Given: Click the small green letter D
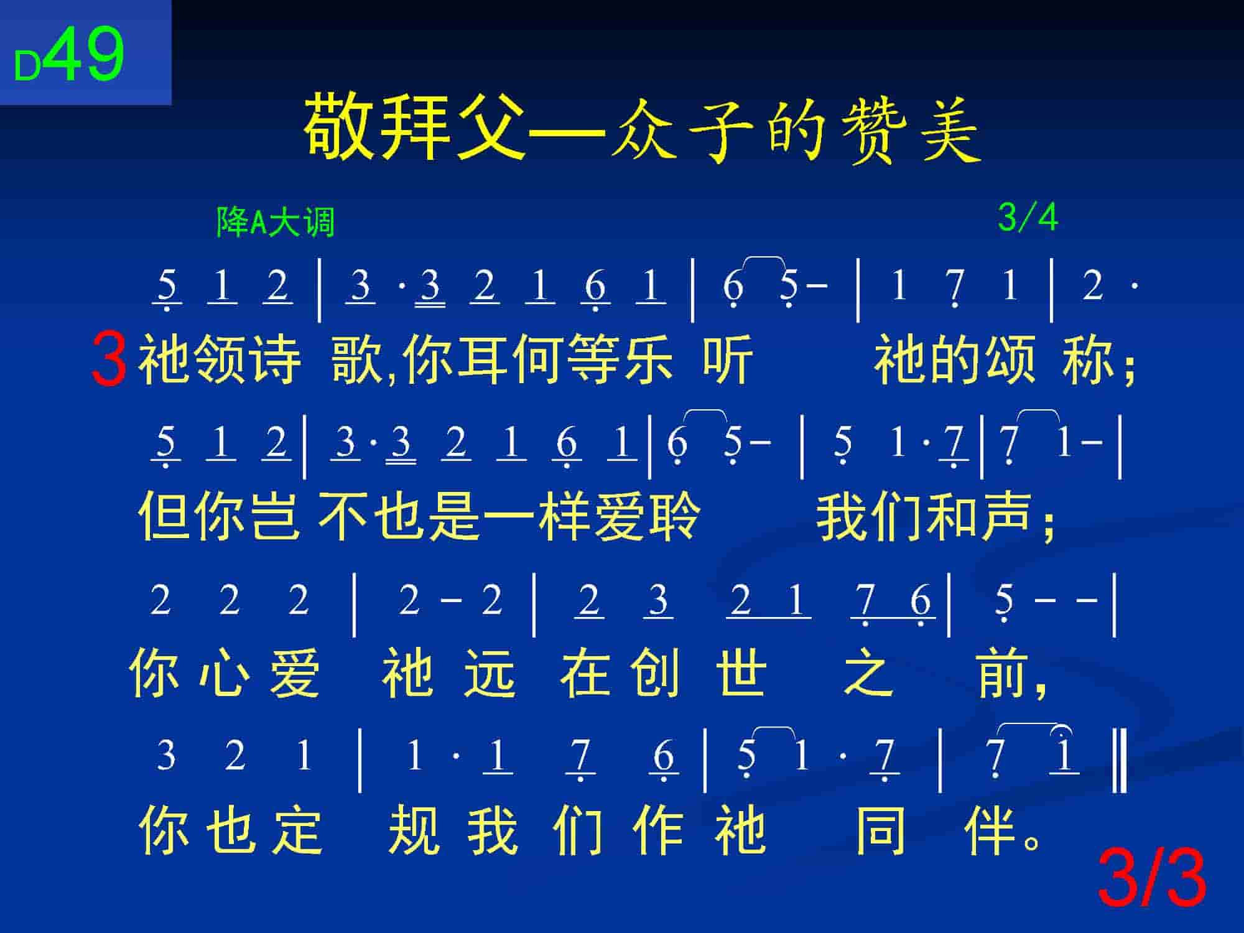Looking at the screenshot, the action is tap(27, 67).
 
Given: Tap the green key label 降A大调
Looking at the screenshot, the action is tap(276, 221).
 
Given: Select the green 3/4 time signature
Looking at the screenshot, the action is tap(1028, 218).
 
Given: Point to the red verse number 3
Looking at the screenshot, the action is tap(109, 360).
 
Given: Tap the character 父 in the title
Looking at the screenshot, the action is tap(490, 128).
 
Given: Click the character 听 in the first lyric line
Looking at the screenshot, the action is tap(728, 360).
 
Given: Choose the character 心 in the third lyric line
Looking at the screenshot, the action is tap(220, 673).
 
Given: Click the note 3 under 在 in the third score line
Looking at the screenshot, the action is tap(658, 601).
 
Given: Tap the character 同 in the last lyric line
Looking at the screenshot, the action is tap(881, 830).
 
